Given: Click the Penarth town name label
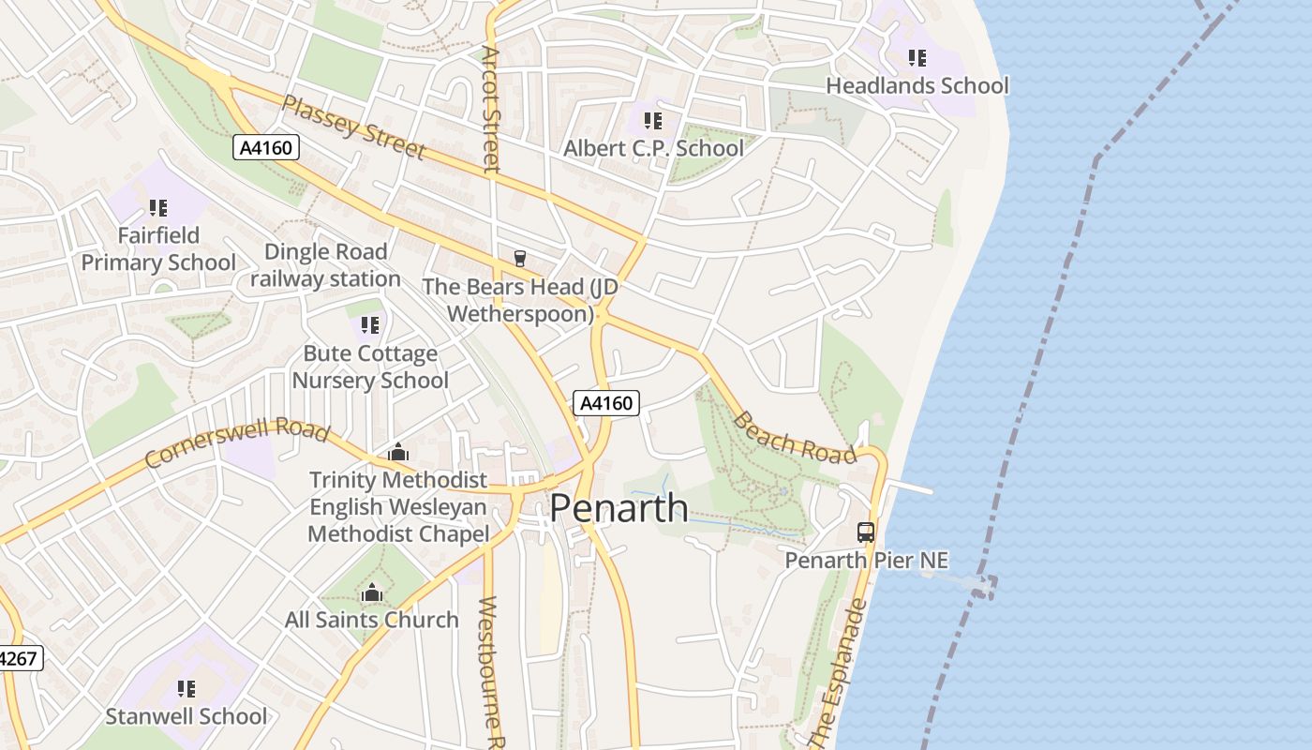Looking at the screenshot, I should click(619, 508).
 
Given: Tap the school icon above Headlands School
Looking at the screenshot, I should click(917, 58).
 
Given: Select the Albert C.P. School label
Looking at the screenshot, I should click(653, 148).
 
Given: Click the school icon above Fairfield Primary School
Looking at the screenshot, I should click(158, 207).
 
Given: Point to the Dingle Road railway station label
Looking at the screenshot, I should click(325, 265).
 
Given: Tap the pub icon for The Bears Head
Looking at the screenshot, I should click(520, 259).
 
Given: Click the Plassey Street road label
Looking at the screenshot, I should click(353, 127).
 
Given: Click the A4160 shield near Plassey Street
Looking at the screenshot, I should click(266, 147).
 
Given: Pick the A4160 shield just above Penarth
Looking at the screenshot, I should click(606, 403).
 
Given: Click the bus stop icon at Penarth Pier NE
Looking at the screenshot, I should click(866, 532).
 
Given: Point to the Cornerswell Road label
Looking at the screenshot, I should click(237, 443).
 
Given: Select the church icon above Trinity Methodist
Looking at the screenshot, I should click(398, 453).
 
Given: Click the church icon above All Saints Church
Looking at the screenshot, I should click(372, 592).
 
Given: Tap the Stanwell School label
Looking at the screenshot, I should click(186, 716).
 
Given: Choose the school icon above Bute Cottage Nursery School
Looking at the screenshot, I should click(370, 325).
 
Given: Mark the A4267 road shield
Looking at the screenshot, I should click(18, 658).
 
